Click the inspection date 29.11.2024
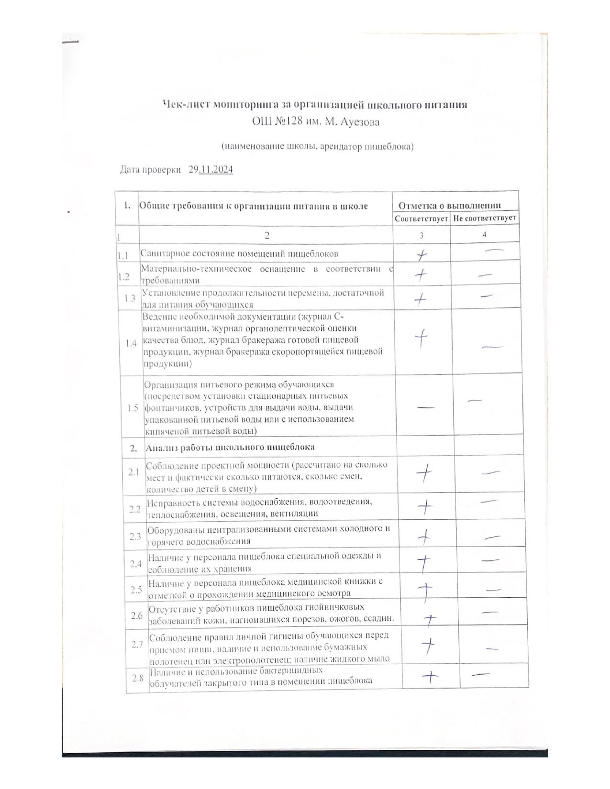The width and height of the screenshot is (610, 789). tap(211, 170)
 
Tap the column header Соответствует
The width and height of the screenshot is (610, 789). tap(421, 219)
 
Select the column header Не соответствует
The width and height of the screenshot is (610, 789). tap(485, 218)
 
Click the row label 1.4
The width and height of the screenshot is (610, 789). tap(131, 343)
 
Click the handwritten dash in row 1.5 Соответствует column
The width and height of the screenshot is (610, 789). tap(426, 407)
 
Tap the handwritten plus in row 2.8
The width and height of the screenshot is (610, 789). tap(431, 677)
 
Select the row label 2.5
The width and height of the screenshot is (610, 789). tap(136, 589)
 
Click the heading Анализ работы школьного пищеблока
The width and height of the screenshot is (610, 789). tap(230, 448)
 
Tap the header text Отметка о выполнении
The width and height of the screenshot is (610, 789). tap(450, 206)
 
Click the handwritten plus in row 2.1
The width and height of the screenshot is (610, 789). tap(424, 474)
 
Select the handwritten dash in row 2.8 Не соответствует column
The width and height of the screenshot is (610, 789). tap(480, 674)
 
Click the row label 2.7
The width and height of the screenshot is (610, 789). tap(137, 644)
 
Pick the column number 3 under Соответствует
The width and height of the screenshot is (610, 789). tap(421, 235)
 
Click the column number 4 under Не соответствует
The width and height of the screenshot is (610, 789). tap(485, 234)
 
